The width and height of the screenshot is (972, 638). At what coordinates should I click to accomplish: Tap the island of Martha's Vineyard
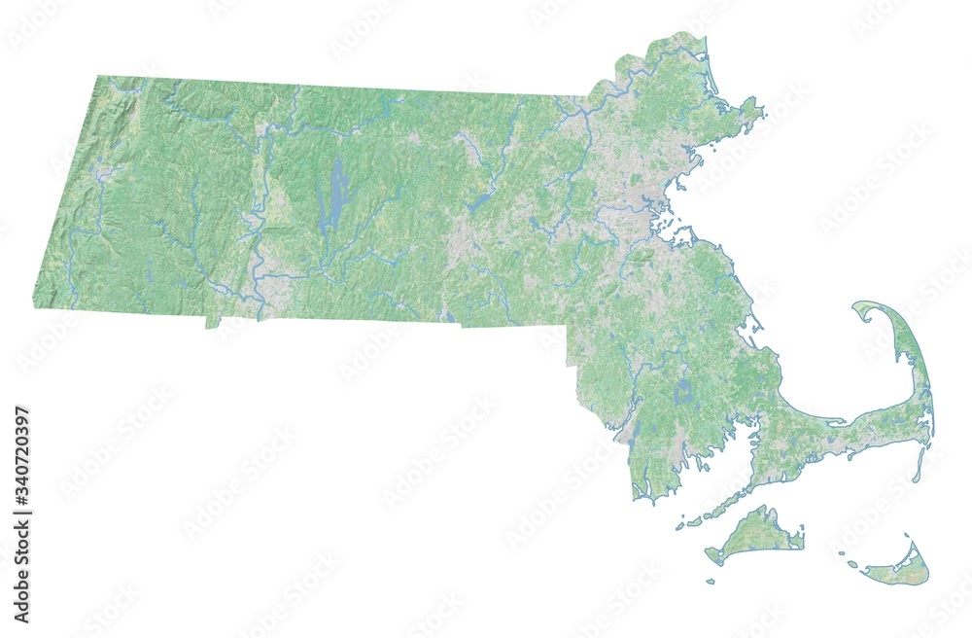pos(753,535)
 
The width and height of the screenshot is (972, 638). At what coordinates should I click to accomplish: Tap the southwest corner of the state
pos(35,306)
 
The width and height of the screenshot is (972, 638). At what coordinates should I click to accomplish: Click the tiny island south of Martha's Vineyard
pos(711,582)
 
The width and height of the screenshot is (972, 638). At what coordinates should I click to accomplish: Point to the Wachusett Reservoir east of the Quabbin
pos(479,203)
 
